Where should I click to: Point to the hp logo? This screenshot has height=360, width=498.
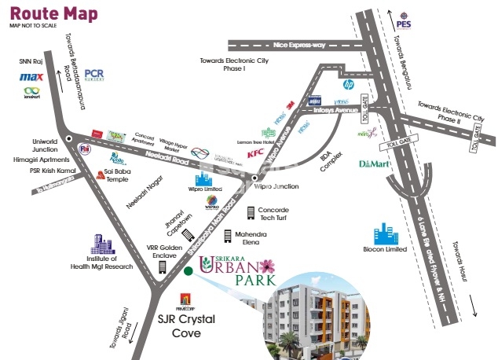(349, 82)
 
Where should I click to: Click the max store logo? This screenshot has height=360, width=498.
(30, 78)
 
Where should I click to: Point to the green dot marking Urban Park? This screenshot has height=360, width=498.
(188, 273)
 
